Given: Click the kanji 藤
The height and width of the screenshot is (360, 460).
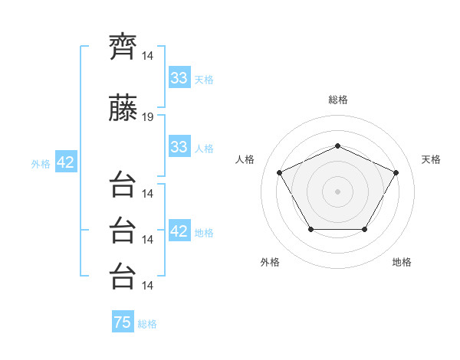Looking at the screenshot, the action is (x=123, y=107).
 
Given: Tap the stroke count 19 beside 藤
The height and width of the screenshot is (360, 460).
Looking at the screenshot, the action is (x=147, y=117).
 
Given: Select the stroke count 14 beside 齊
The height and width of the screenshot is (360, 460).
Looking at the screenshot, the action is (x=147, y=56).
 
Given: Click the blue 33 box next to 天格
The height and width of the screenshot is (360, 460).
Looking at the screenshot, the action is (x=179, y=77).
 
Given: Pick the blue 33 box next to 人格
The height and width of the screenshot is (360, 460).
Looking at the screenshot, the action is (x=179, y=146).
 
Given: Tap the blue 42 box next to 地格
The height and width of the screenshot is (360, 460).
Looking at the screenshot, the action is (x=179, y=230).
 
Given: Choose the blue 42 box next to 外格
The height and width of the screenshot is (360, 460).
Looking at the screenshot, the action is (x=66, y=162).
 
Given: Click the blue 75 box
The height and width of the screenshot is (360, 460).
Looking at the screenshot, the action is (x=123, y=321).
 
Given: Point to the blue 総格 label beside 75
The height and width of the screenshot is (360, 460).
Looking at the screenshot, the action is (x=147, y=324).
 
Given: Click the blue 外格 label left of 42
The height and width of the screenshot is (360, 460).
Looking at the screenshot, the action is (x=41, y=164).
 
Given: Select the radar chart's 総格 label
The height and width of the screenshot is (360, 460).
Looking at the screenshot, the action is (x=338, y=100).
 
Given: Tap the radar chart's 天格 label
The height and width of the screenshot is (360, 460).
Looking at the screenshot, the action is (x=431, y=159).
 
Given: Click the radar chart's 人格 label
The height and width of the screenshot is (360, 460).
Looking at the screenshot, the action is (x=245, y=159).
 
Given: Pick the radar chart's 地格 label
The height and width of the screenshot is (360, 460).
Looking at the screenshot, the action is (x=402, y=262).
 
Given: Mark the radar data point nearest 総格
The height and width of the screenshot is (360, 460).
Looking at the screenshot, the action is (x=337, y=146).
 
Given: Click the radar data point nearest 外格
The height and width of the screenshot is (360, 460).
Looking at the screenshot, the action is (x=311, y=229).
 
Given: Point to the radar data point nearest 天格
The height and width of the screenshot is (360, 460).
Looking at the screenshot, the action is (x=396, y=172).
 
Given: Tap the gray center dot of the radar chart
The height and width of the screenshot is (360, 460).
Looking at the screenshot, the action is (x=337, y=191).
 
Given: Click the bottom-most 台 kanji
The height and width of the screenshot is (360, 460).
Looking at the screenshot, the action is (x=123, y=277).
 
